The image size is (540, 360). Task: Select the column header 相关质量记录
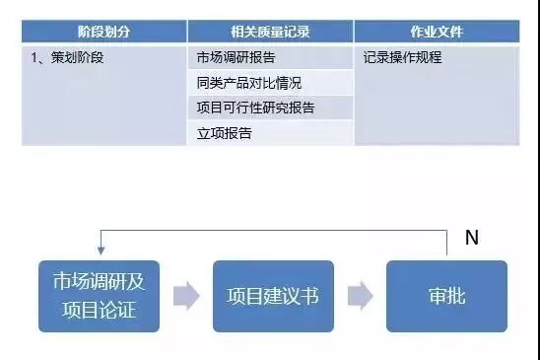[x=269, y=32]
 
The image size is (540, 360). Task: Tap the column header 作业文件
[x=438, y=32]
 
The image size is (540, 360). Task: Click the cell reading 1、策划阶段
[x=68, y=57]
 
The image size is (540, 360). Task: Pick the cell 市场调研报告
[x=236, y=57]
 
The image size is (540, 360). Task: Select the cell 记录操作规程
[x=402, y=57]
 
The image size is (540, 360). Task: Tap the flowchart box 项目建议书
[x=273, y=296]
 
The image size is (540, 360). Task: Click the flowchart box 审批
[x=446, y=296]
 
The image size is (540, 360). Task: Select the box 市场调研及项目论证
[x=99, y=296]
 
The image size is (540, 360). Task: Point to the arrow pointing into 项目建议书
[x=186, y=296]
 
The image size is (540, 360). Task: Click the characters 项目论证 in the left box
[x=99, y=311]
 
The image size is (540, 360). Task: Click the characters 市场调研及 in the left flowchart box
[x=99, y=283]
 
